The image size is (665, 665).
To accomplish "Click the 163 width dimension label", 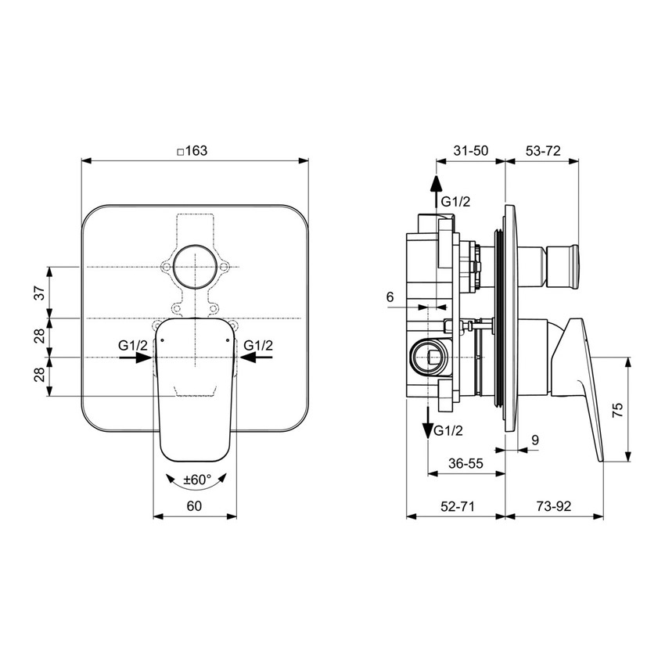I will click(192, 152).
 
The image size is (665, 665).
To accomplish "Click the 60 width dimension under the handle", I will click(195, 506).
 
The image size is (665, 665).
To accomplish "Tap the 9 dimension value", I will click(534, 440).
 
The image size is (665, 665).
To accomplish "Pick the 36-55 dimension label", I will click(465, 463).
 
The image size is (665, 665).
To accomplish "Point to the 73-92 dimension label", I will click(554, 506).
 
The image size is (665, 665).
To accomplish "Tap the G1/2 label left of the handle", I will click(131, 345).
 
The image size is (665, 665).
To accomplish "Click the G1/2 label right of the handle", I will click(258, 345).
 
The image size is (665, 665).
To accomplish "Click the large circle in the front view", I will click(194, 268).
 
